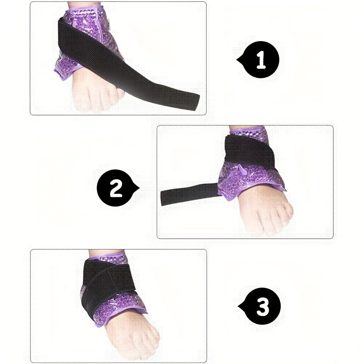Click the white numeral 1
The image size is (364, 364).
[x=261, y=60]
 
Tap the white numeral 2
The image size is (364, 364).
[x=116, y=188]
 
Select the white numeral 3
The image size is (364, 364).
[x=263, y=307]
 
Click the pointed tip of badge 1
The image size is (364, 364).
[x=237, y=60]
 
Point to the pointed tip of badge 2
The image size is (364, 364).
[x=139, y=188]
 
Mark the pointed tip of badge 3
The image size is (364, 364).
[x=238, y=306]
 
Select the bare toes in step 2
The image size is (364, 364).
[x=267, y=218]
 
